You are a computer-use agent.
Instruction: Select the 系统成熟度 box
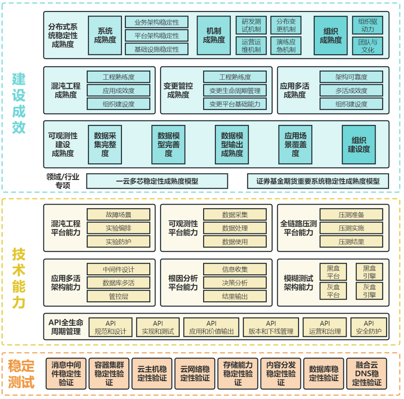(105, 35)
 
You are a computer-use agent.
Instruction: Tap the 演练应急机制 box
(286, 46)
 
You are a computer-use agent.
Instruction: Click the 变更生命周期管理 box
(234, 91)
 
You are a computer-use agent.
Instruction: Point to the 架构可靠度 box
(351, 77)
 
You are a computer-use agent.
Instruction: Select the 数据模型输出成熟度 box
(232, 145)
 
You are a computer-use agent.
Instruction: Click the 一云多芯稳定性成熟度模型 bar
(157, 181)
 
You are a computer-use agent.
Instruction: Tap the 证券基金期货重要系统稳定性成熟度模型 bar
(318, 181)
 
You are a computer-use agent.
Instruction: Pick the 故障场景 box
(118, 214)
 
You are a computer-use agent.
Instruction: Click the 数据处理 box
(235, 228)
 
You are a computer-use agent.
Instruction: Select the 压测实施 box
(351, 228)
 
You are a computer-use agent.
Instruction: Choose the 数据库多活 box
(118, 283)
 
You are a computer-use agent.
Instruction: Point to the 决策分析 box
(235, 283)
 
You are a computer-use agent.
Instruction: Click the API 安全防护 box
(369, 327)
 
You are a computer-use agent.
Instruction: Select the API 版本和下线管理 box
(271, 327)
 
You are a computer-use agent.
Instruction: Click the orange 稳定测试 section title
(21, 374)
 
